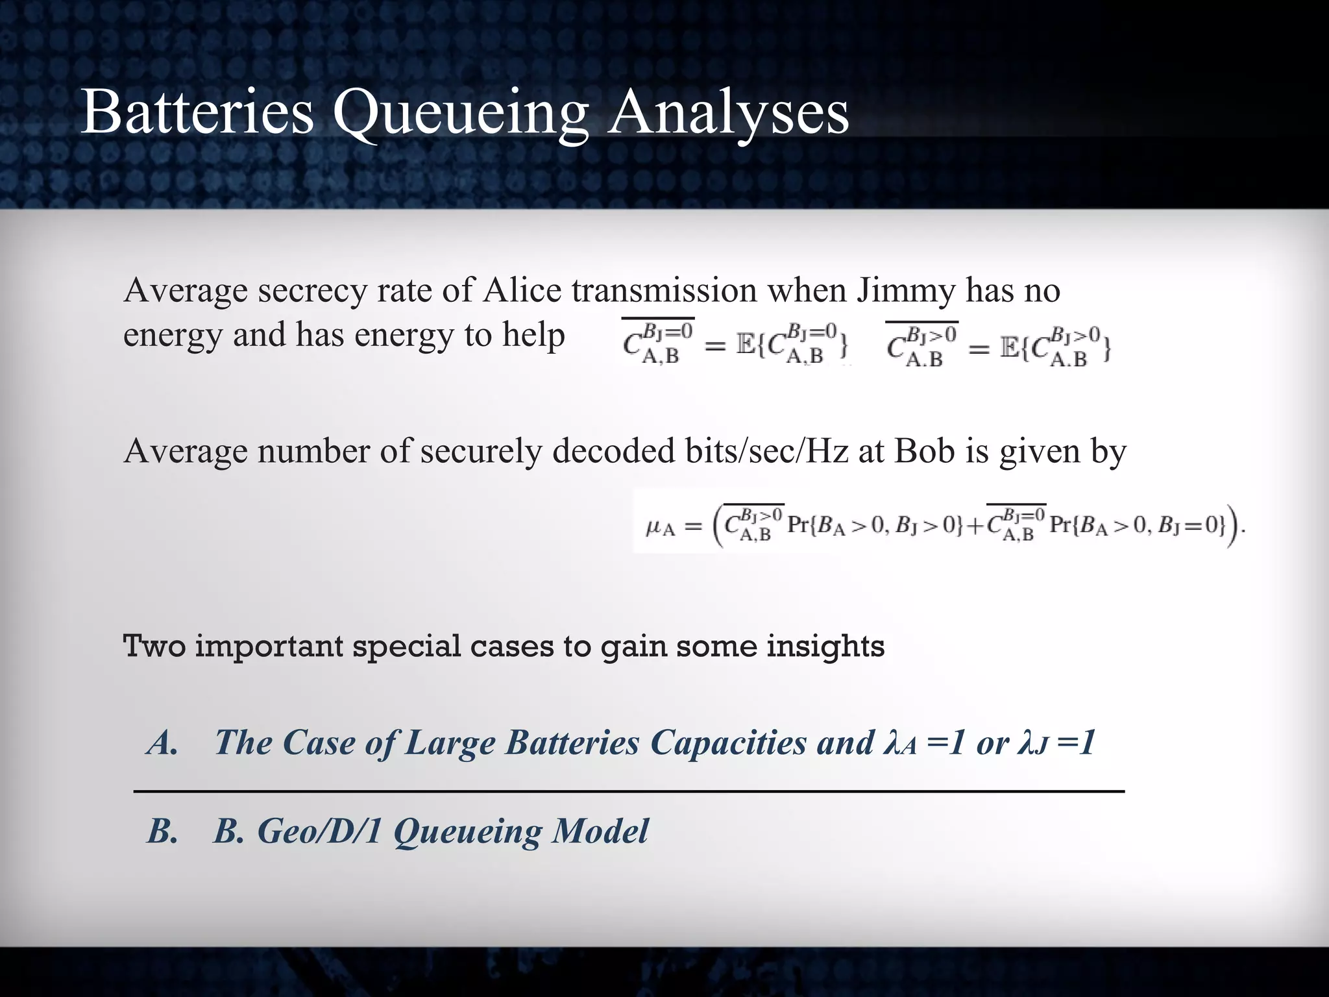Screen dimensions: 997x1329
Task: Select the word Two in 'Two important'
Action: (154, 646)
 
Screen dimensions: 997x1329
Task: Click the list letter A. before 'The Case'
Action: (162, 743)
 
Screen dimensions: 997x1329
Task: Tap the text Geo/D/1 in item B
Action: (319, 831)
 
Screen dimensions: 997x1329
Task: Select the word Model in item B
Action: (600, 831)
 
